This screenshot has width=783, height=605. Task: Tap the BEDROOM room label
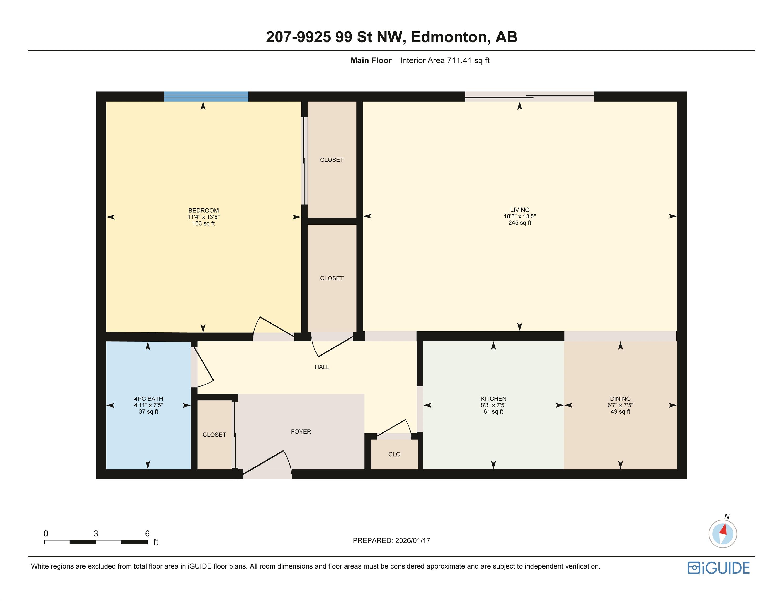203,210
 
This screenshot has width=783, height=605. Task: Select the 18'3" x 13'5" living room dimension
520,216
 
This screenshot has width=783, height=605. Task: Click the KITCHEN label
493,399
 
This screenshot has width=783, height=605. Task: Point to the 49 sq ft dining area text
620,411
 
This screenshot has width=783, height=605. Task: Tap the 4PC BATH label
148,399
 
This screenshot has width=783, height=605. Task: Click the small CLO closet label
394,454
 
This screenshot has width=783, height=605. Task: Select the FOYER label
301,431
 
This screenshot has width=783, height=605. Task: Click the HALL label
322,367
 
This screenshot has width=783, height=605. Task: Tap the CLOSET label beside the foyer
214,435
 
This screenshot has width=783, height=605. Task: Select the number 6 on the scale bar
147,533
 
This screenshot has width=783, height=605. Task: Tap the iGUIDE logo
718,568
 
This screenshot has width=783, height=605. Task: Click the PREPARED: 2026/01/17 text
391,540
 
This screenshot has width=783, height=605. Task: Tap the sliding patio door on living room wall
529,96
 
